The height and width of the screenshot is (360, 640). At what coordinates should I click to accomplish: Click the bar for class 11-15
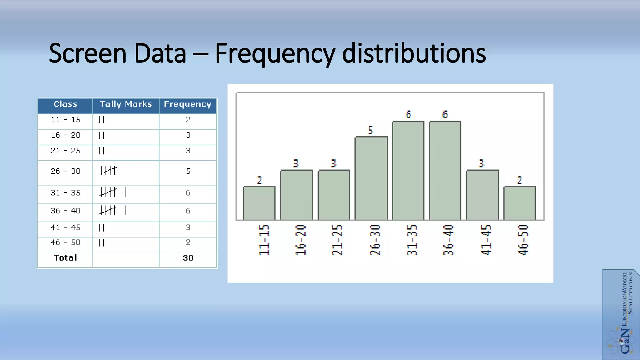point(259,203)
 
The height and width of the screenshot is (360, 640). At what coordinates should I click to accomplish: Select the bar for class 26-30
point(371,178)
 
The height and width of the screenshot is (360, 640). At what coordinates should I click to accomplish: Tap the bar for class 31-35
point(408,170)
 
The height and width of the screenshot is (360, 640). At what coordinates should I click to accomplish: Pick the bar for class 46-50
point(519,203)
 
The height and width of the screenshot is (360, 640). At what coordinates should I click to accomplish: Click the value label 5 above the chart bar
point(371,130)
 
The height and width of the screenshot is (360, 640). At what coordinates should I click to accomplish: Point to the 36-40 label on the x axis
point(448,240)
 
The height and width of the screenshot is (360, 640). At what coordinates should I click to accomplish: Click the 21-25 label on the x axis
point(337,240)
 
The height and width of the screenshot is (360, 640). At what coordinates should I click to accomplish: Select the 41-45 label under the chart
point(486,240)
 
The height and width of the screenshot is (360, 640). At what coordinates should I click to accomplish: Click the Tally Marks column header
point(126,104)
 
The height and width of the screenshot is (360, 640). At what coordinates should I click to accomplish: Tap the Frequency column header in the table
point(188,104)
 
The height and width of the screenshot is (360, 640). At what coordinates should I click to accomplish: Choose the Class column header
point(65,104)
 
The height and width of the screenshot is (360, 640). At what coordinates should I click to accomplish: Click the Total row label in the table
point(65,258)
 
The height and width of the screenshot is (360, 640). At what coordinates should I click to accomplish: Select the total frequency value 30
point(188,258)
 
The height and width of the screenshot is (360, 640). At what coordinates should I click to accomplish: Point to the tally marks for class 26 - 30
point(108,171)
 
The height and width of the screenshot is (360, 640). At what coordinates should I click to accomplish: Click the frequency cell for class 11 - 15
point(188,120)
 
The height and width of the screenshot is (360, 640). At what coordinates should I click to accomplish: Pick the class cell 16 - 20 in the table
point(65,135)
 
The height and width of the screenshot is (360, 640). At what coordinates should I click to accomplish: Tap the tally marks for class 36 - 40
point(113,210)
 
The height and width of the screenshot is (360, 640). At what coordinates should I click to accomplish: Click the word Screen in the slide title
point(87,53)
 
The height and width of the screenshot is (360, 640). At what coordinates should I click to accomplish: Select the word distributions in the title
point(414,53)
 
